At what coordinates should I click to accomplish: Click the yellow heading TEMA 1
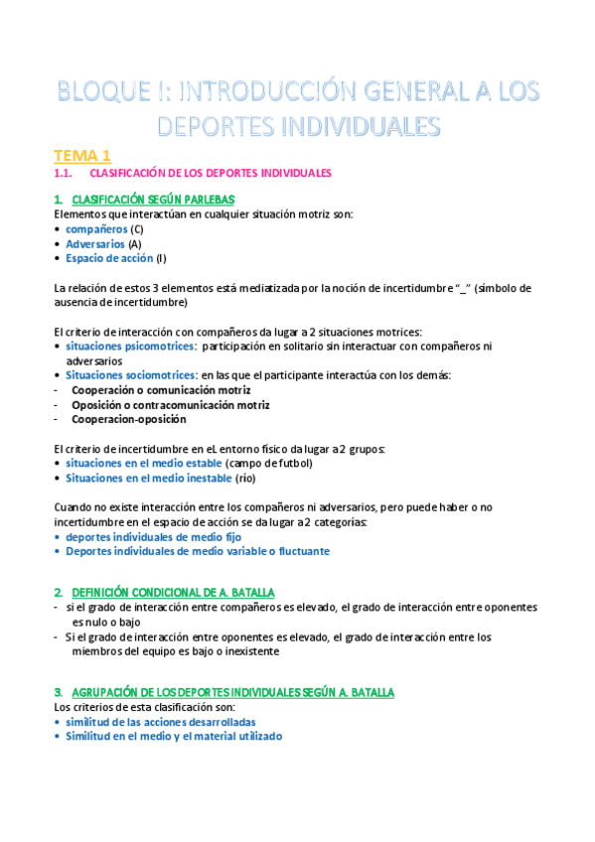click(82, 156)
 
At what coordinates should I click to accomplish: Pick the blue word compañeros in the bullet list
click(97, 228)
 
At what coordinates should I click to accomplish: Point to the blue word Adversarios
click(95, 243)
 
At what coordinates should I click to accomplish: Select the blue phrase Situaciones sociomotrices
click(131, 375)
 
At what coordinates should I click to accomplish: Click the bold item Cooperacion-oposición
click(128, 419)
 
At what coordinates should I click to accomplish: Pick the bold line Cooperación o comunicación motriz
click(161, 390)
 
